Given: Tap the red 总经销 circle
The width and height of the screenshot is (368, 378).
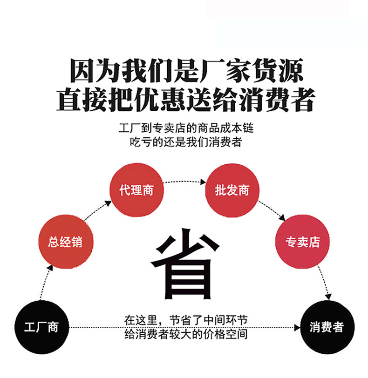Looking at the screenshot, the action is pos(65,242).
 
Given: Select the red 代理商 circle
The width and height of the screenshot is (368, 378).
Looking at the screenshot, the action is pos(136,190).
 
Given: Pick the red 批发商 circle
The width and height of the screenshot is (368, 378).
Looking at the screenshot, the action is pos(232,190).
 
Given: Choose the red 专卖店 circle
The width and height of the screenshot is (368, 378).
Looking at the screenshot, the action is pos(303,242).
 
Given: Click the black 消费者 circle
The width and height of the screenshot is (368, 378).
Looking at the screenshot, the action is pos(326,327).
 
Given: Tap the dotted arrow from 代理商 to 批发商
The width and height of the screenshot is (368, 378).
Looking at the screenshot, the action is pos(184,181).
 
